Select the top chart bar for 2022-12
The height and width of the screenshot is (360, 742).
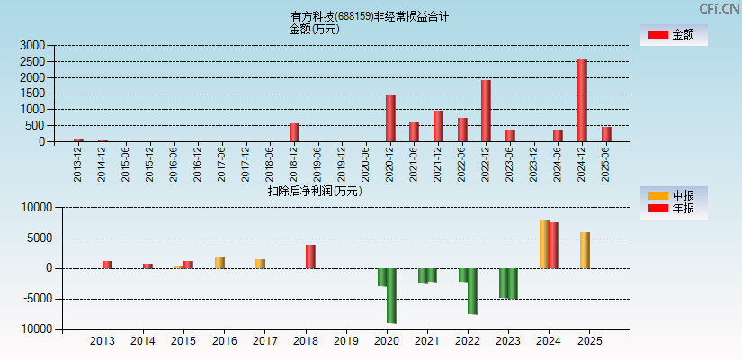[x=486, y=111]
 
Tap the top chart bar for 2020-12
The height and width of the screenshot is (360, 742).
[x=390, y=118]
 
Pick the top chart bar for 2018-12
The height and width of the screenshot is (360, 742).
[x=294, y=132]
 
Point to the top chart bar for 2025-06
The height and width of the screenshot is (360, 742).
[x=606, y=134]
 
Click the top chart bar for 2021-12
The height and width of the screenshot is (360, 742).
[x=438, y=126]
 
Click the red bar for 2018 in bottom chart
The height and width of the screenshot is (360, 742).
[x=310, y=256]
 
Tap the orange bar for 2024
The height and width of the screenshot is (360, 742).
[x=544, y=244]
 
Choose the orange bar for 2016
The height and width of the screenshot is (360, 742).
[x=219, y=263]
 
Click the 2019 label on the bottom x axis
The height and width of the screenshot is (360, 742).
[x=345, y=342]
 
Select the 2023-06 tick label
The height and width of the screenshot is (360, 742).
[x=510, y=164]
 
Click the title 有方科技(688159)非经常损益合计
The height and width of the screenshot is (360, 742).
[x=370, y=16]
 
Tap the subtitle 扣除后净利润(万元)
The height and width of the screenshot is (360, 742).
[x=314, y=191]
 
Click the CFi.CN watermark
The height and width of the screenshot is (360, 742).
[x=719, y=9]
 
